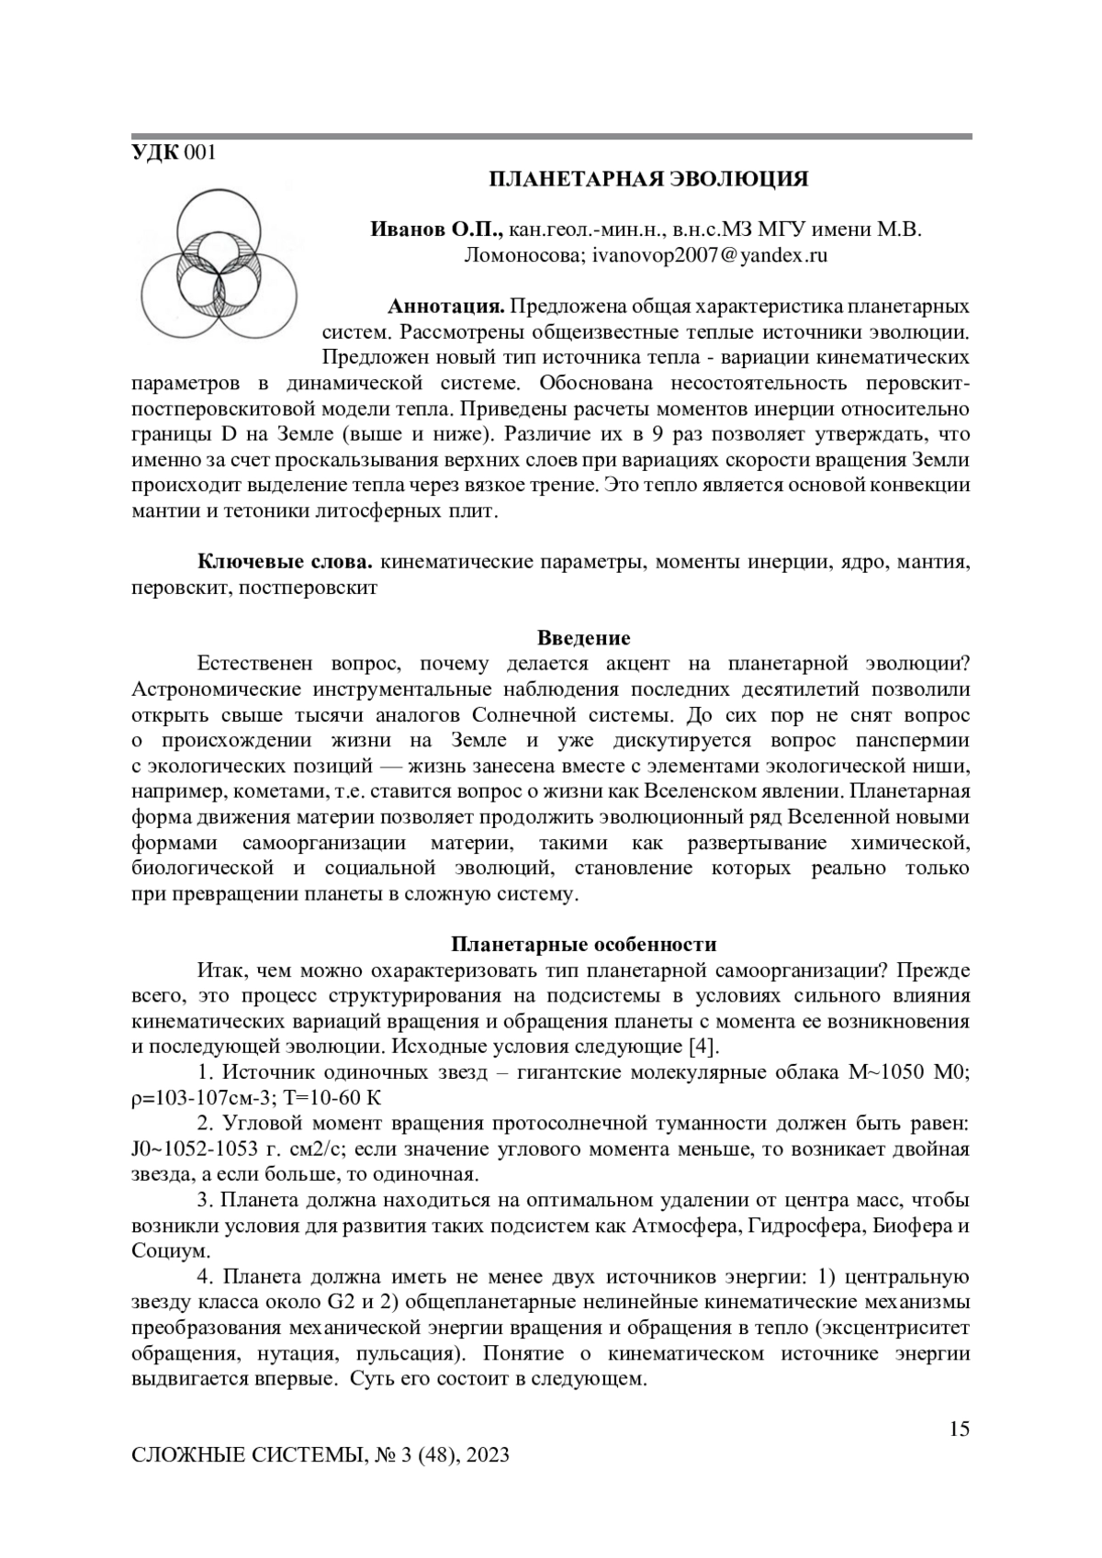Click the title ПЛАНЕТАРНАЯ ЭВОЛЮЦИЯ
tap(647, 179)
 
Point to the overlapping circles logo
tap(219, 263)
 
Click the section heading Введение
tap(583, 638)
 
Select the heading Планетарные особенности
tap(583, 945)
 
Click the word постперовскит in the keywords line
tap(308, 588)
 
